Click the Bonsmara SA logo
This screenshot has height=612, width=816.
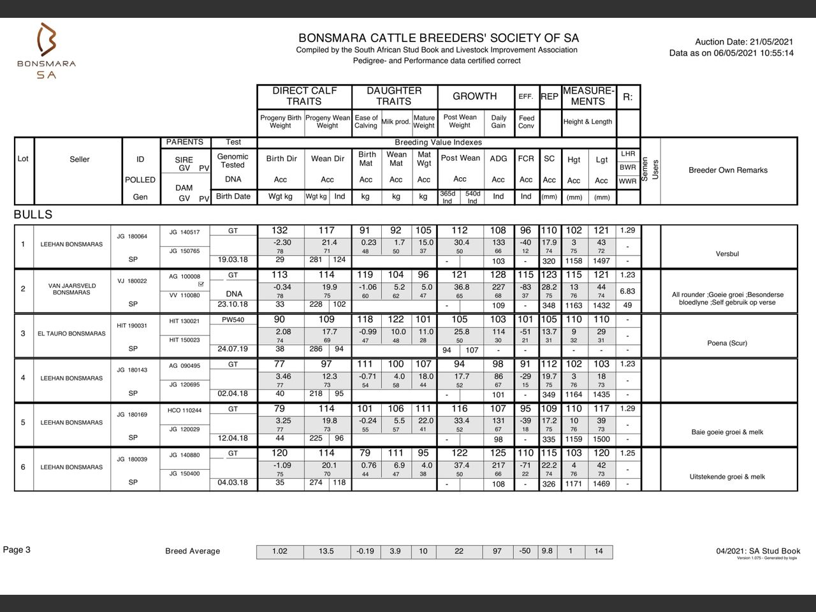(x=47, y=51)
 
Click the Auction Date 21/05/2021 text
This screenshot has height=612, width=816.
(x=744, y=41)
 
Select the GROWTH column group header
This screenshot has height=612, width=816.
(x=474, y=96)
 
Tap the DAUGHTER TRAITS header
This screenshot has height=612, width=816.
(x=394, y=96)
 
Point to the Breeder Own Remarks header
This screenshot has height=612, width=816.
(x=727, y=170)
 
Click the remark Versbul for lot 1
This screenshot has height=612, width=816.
(x=727, y=254)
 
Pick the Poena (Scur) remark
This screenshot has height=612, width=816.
(x=727, y=343)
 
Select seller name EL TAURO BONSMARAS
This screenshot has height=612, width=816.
(x=71, y=333)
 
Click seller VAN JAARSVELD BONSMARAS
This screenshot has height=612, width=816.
(x=71, y=289)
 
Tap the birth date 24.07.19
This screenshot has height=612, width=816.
(x=233, y=349)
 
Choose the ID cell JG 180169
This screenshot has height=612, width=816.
(x=132, y=414)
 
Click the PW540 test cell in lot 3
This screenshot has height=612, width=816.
(x=233, y=320)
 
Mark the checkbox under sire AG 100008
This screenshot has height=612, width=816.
(x=201, y=284)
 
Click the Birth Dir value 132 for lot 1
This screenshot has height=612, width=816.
(x=279, y=230)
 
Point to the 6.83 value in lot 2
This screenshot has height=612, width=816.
(x=627, y=291)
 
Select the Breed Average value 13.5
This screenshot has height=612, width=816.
(x=326, y=551)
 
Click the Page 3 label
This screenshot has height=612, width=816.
(x=17, y=550)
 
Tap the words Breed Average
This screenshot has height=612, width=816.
(x=193, y=551)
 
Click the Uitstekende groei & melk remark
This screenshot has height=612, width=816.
(x=727, y=477)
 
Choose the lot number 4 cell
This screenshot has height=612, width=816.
(x=23, y=377)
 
